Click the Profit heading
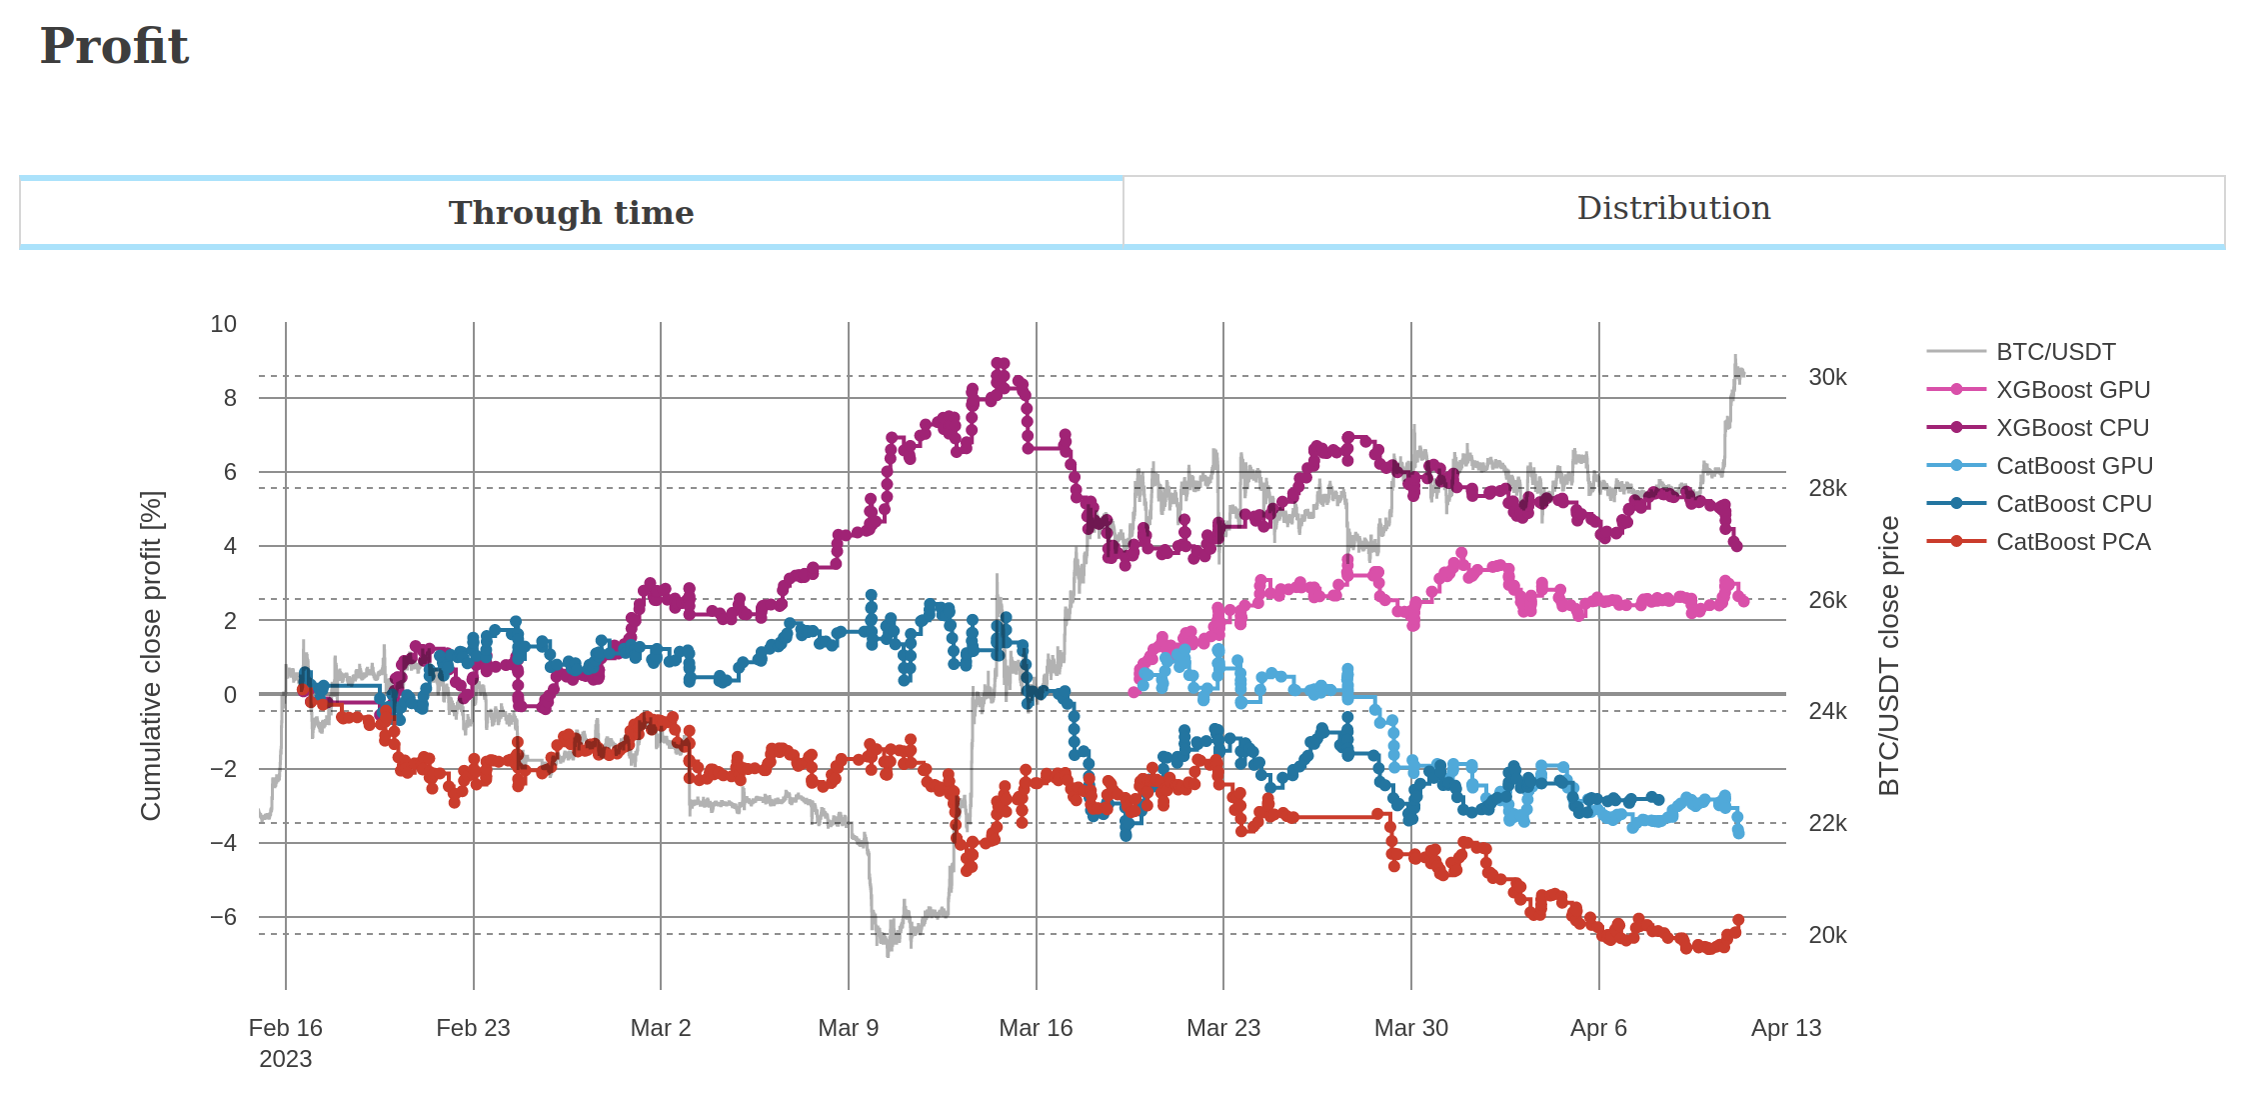tap(114, 46)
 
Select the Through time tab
tap(571, 212)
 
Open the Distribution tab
tap(1673, 208)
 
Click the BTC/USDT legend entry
tap(2055, 352)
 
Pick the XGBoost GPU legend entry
tap(2072, 390)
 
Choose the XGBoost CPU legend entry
tap(2072, 428)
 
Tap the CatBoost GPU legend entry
tap(2074, 466)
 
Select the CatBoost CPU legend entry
tap(2073, 504)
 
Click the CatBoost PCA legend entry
tap(2072, 542)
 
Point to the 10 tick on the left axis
tap(224, 324)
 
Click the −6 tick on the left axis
tap(224, 917)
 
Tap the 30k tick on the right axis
tap(1827, 377)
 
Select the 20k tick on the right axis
tap(1827, 935)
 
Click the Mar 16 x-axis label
tap(1036, 1028)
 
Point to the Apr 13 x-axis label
tap(1785, 1028)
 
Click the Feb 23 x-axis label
tap(473, 1028)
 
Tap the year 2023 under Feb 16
tap(285, 1059)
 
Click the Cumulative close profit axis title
tap(151, 656)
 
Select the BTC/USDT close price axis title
tap(1888, 656)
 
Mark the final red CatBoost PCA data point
tap(1738, 920)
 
